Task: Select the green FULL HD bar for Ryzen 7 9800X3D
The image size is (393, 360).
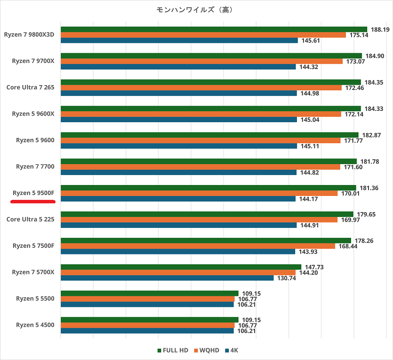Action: (x=214, y=30)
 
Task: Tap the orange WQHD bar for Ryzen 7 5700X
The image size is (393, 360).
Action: (x=178, y=272)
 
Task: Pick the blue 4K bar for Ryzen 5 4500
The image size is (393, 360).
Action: (x=147, y=331)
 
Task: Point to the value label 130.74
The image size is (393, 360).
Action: (x=286, y=278)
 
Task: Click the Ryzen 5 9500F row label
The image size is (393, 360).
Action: (x=33, y=193)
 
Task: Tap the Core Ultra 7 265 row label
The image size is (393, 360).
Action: (x=30, y=87)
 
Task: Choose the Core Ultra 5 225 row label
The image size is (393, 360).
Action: (x=30, y=219)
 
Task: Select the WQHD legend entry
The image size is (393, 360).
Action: (x=207, y=350)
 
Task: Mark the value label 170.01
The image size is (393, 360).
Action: (x=350, y=193)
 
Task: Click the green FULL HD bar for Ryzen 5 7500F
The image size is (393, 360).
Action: (x=206, y=240)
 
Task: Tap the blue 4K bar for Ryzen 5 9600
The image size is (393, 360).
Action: (x=179, y=146)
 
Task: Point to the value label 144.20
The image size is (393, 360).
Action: (x=308, y=272)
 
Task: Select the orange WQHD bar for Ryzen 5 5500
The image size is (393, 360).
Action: (x=148, y=299)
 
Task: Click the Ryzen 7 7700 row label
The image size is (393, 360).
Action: (x=35, y=167)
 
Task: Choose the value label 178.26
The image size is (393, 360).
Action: (x=363, y=240)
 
